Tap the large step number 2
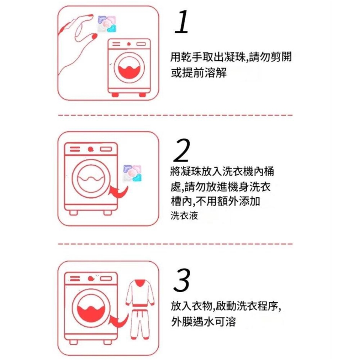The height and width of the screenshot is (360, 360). point(181,150)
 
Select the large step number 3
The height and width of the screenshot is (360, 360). point(181,280)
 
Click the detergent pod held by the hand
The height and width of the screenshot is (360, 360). point(107,24)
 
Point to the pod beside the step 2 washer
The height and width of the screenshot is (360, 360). point(132,173)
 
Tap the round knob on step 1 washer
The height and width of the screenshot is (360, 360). point(129,44)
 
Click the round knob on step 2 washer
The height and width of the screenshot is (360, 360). point(90,149)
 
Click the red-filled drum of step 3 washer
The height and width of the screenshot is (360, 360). point(91,313)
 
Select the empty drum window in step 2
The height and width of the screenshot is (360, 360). point(91,178)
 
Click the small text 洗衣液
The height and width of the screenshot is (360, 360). point(184,216)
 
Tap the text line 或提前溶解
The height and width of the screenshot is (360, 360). point(199,72)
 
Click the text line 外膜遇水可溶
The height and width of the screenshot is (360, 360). point(204,321)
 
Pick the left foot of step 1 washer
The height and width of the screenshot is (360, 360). point(115,94)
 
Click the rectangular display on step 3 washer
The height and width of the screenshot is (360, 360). point(106,279)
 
